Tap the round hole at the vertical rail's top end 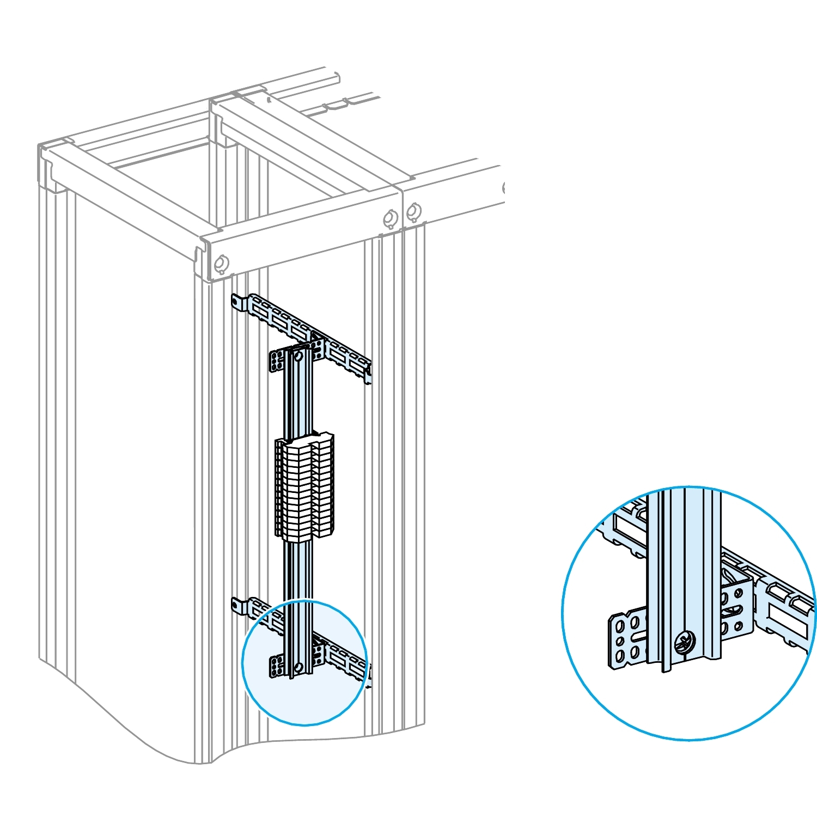point(298,357)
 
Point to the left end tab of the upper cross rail point(236,301)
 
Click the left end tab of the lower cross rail point(236,604)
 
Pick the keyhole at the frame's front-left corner point(220,264)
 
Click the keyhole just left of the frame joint point(391,218)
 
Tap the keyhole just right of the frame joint point(414,211)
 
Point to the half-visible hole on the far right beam point(503,188)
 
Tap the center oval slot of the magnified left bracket point(638,637)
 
